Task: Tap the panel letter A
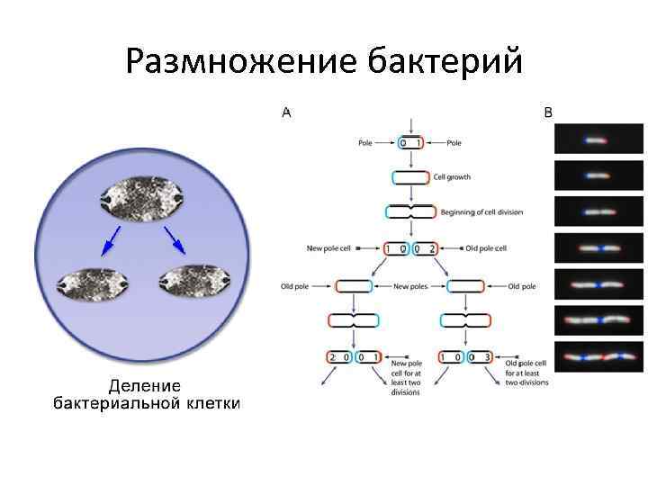tap(286, 112)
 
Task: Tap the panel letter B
tap(549, 112)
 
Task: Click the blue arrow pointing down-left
tap(112, 239)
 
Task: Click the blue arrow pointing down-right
tap(175, 239)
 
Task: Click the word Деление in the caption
tap(145, 385)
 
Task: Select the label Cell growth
tap(452, 177)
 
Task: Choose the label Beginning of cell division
tap(481, 212)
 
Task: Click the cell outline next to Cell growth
tap(411, 177)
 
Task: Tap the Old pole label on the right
tap(522, 287)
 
